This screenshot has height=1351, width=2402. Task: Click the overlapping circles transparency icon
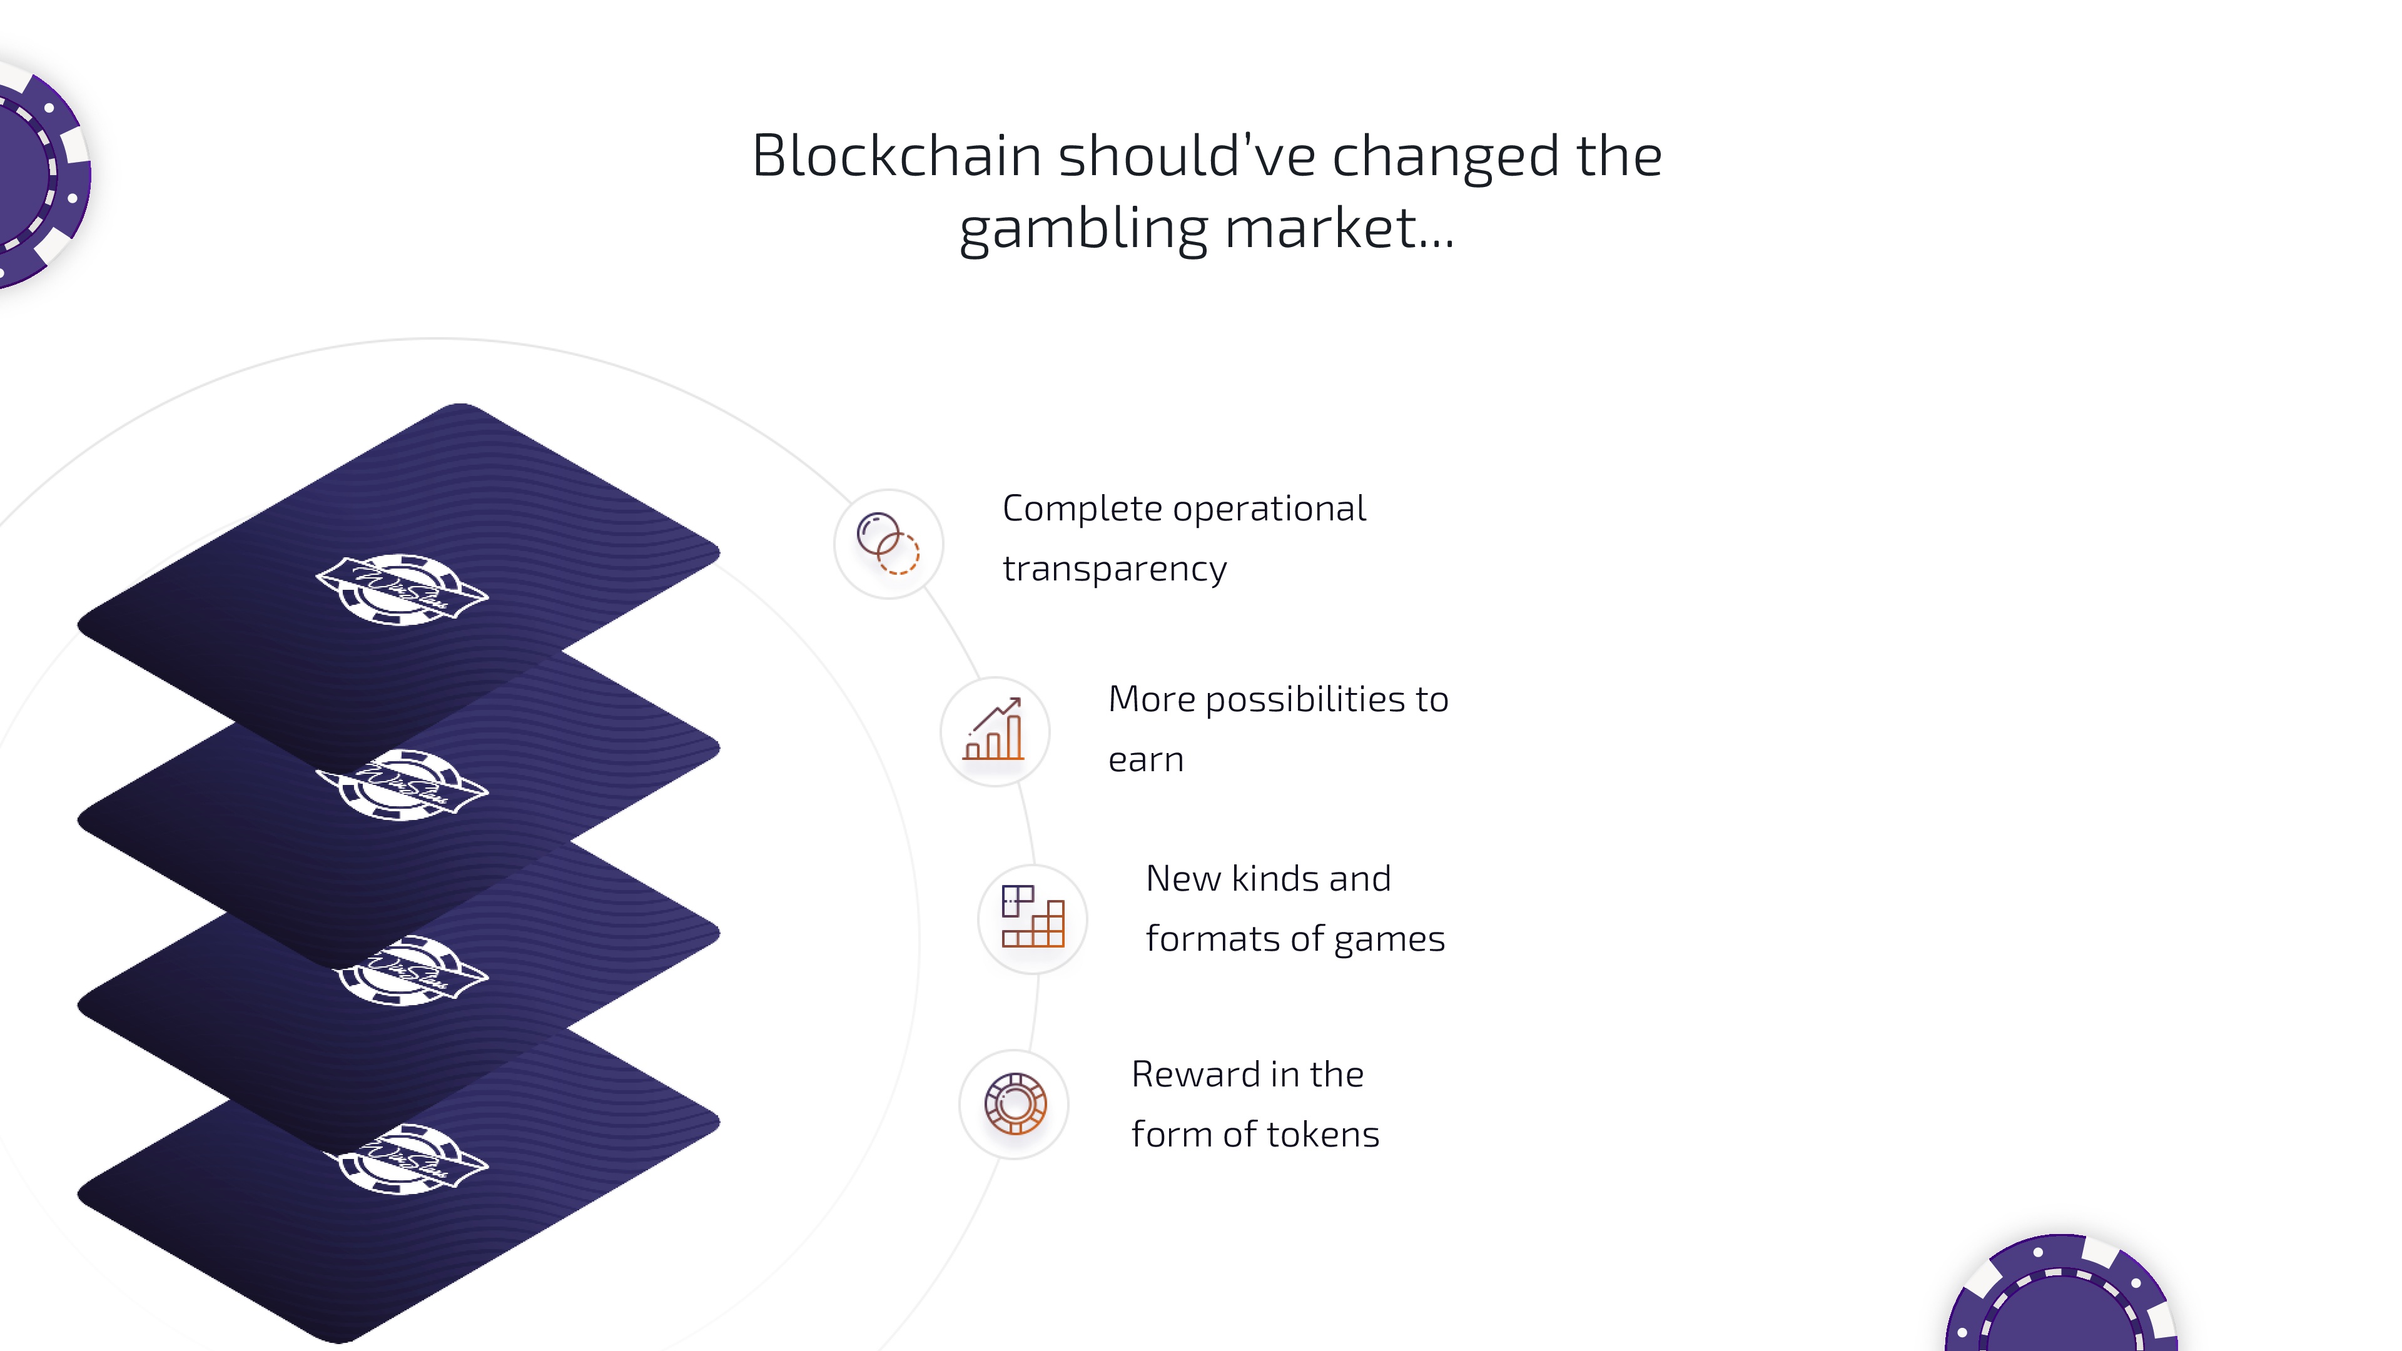[x=888, y=544]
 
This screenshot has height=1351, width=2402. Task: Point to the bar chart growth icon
[x=994, y=731]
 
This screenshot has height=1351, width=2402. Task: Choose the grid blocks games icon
[x=1032, y=918]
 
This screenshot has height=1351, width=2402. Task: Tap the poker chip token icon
[x=1015, y=1104]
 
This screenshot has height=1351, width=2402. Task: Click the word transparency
[x=1114, y=569]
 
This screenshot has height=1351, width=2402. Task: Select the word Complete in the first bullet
[x=1082, y=509]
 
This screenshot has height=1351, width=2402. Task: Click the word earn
[x=1146, y=760]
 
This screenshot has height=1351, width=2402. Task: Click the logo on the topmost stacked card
[x=402, y=589]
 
